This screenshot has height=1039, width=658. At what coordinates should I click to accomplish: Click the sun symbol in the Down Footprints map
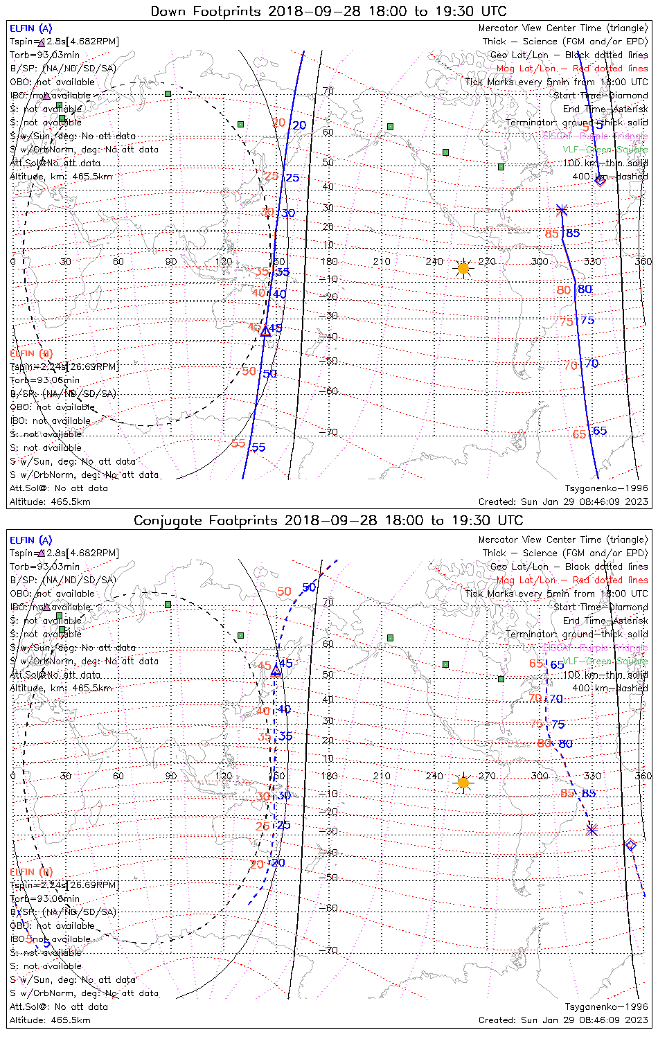click(463, 268)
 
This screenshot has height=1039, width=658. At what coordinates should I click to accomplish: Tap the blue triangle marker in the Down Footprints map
click(265, 331)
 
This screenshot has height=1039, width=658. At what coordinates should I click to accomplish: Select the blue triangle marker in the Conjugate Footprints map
click(276, 670)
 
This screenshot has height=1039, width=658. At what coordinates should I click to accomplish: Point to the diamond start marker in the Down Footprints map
click(600, 181)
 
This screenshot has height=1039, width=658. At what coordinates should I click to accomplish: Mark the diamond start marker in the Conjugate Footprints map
click(630, 844)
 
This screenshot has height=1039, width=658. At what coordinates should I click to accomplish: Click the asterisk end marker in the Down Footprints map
click(562, 210)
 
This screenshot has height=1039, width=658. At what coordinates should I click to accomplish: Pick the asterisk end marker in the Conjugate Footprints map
click(592, 829)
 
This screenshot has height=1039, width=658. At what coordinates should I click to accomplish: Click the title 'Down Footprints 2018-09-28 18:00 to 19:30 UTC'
click(328, 11)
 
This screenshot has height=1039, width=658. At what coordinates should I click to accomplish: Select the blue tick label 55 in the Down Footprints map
click(258, 447)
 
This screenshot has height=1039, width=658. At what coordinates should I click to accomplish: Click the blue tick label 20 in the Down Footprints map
click(299, 125)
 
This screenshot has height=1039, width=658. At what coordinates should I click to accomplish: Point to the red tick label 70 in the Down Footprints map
click(570, 365)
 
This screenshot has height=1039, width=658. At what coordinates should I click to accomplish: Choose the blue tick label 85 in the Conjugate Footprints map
click(589, 794)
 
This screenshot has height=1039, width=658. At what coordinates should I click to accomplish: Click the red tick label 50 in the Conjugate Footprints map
click(284, 592)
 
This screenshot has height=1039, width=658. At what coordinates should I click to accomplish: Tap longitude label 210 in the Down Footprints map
click(382, 261)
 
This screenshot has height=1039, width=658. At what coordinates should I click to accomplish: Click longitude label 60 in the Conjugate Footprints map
click(118, 776)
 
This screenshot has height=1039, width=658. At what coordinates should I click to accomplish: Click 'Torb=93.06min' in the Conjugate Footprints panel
click(44, 898)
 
